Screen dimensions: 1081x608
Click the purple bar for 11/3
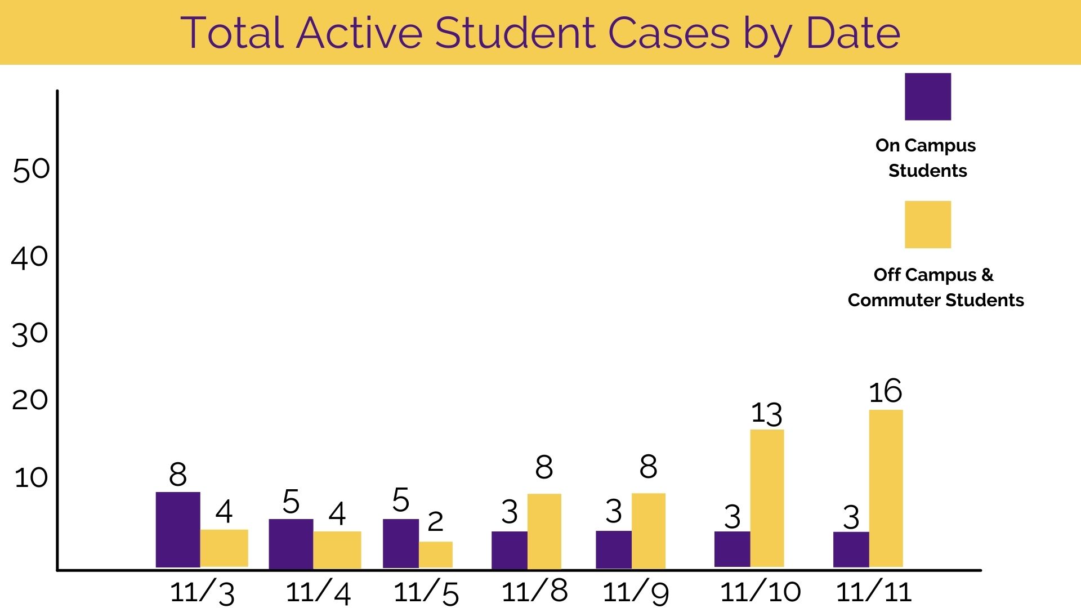click(178, 529)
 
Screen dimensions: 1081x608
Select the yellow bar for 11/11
click(886, 488)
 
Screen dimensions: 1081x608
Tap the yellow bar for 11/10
click(767, 498)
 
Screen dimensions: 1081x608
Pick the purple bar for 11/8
click(510, 550)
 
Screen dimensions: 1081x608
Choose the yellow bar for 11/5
click(436, 555)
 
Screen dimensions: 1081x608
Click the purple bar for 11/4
click(291, 544)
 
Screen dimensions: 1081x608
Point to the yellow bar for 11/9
click(649, 531)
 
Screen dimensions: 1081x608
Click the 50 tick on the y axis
click(32, 169)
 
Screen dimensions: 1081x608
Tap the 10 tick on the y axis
click(32, 477)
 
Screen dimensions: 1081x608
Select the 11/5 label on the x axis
click(426, 593)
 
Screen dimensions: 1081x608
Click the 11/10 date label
click(761, 592)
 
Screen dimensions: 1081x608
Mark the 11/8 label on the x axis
click(534, 591)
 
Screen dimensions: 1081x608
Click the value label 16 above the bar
click(886, 391)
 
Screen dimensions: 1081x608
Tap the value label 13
click(767, 414)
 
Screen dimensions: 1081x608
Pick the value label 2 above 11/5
click(435, 522)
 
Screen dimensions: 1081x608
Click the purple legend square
click(928, 96)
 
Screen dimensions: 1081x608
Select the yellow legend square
click(928, 225)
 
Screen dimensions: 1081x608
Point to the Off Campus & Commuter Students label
click(935, 287)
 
